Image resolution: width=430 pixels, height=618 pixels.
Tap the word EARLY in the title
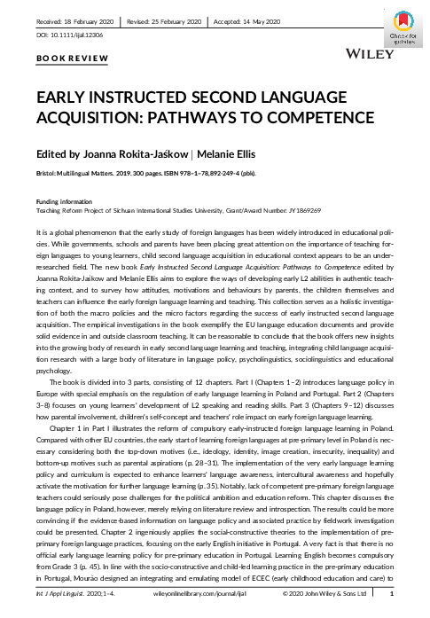tap(62, 97)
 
